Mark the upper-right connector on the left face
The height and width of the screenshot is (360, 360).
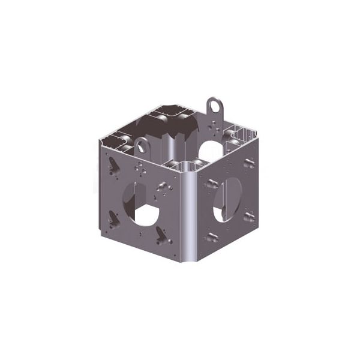pyautogui.click(x=161, y=183)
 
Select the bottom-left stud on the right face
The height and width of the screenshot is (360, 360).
pyautogui.click(x=211, y=236)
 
